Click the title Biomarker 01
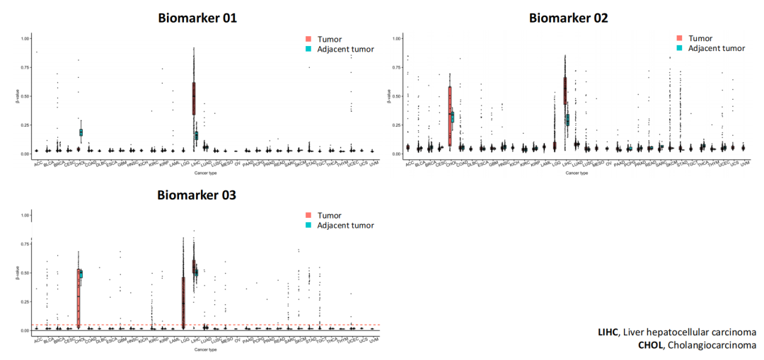[x=197, y=18]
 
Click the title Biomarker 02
[x=569, y=18]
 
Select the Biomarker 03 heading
[x=197, y=195]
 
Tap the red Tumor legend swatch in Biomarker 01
[x=308, y=39]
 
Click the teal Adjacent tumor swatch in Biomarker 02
[x=679, y=49]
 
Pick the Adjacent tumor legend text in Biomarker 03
[x=345, y=226]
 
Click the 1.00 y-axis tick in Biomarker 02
[x=396, y=37]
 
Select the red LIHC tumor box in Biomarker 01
[x=193, y=98]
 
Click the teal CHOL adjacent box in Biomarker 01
[x=81, y=132]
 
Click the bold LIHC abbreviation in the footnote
[x=608, y=332]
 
